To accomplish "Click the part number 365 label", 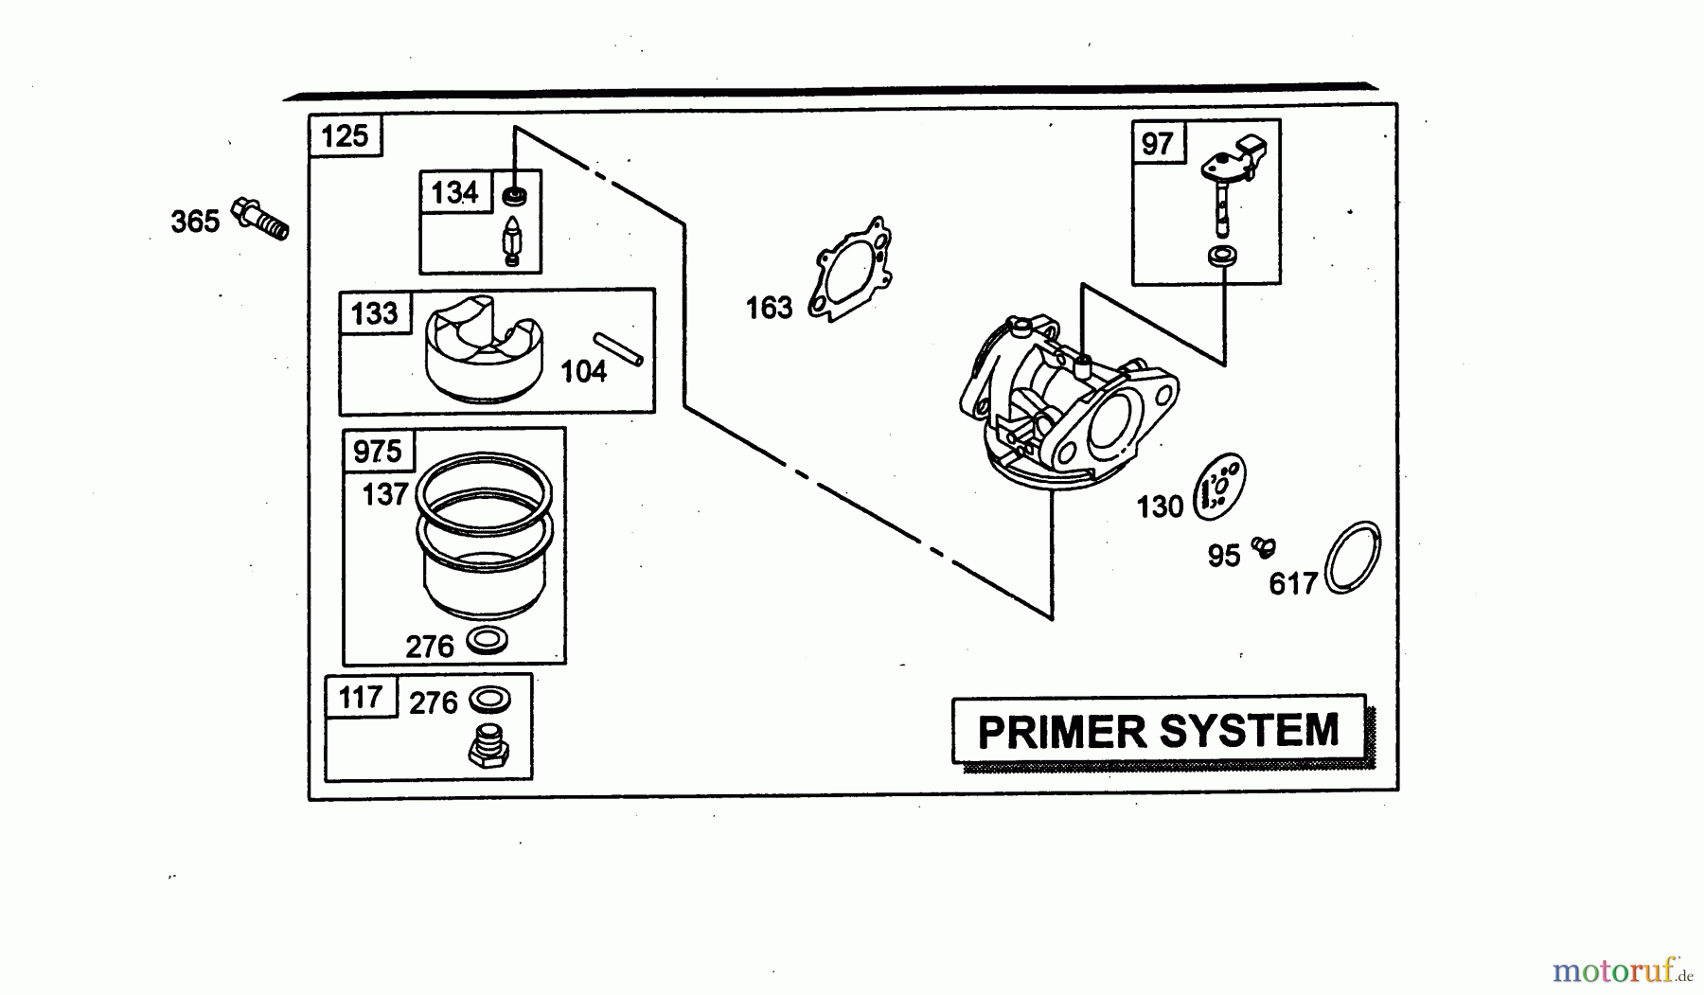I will click(195, 222).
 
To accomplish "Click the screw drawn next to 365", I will click(260, 219).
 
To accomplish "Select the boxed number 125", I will click(345, 136).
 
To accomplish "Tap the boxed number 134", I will click(454, 193).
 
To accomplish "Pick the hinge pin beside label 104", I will click(618, 348).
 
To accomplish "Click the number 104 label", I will click(583, 372).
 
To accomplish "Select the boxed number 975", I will click(378, 452).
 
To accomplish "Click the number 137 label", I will click(384, 494).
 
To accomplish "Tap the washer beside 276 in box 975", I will click(488, 641).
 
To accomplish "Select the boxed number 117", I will click(360, 699).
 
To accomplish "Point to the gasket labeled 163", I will click(851, 271).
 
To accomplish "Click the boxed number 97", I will click(1157, 144).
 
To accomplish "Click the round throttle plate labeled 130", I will click(1220, 487).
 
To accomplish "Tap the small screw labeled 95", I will click(1263, 546).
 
